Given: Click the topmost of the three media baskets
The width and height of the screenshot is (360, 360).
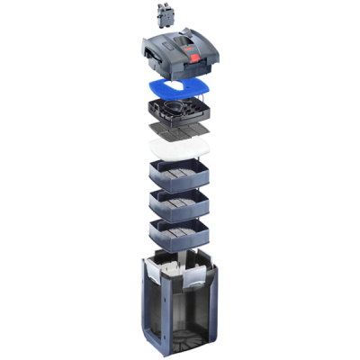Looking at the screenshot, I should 179,174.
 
